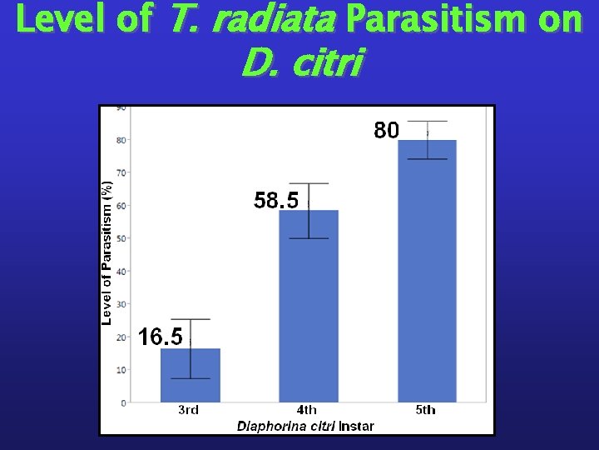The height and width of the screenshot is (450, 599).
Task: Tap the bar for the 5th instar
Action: [427, 275]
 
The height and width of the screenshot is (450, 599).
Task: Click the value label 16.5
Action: [161, 337]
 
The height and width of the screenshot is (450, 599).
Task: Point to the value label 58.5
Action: [275, 201]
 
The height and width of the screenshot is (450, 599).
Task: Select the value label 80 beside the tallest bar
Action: [387, 131]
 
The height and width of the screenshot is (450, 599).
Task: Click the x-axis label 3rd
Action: [189, 410]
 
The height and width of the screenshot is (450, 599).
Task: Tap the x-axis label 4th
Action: [307, 410]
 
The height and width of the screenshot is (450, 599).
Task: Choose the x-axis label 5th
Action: [425, 410]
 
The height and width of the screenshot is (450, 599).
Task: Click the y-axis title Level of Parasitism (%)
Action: [106, 253]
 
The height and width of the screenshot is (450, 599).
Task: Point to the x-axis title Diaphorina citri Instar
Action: [305, 426]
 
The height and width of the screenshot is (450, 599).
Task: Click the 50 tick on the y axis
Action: [121, 238]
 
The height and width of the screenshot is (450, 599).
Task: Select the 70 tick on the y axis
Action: [121, 172]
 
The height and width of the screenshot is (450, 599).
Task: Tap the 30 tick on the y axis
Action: [121, 304]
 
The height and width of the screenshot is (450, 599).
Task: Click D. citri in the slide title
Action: [300, 63]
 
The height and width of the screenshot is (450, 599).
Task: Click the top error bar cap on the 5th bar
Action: [427, 122]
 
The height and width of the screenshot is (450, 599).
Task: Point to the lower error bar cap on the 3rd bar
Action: [190, 378]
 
